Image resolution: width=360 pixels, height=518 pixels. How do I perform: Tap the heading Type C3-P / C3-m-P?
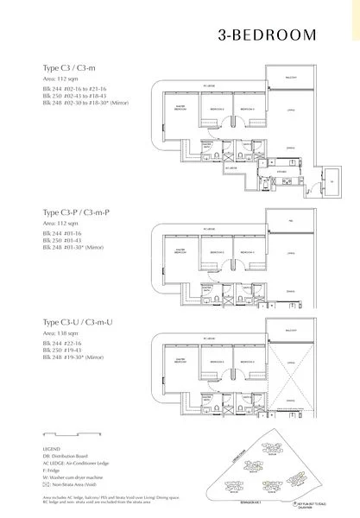[75, 212]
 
